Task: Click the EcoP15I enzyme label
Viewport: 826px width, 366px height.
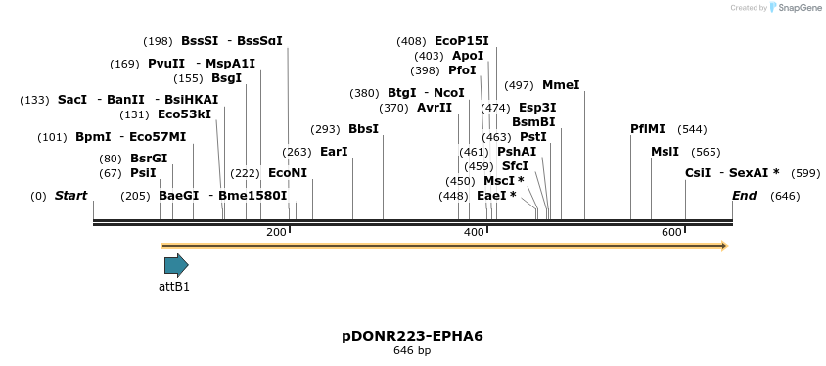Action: [462, 41]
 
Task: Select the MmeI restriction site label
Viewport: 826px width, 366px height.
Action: [561, 85]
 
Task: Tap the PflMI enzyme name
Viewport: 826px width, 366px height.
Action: [648, 129]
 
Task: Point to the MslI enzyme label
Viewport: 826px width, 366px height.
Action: [665, 152]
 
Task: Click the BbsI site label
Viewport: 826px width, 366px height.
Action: [363, 129]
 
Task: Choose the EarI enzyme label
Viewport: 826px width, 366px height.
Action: [334, 152]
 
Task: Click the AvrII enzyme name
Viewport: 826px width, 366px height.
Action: [435, 108]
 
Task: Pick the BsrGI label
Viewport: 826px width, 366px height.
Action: [149, 159]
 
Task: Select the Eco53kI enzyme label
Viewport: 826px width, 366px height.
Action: [184, 114]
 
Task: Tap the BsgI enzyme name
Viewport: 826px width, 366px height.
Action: [226, 78]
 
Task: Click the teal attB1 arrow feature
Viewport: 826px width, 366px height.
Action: [176, 265]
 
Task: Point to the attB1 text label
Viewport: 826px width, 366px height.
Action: [174, 287]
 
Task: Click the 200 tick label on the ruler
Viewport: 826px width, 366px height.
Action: [277, 232]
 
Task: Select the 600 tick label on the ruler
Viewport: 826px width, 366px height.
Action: [671, 232]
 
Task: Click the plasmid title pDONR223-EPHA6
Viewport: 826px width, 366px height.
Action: [412, 336]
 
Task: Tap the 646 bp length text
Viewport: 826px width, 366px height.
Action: [412, 350]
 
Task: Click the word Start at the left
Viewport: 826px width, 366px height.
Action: [70, 196]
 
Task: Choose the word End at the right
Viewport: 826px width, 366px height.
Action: [745, 196]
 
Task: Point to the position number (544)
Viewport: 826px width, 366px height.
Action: [692, 129]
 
